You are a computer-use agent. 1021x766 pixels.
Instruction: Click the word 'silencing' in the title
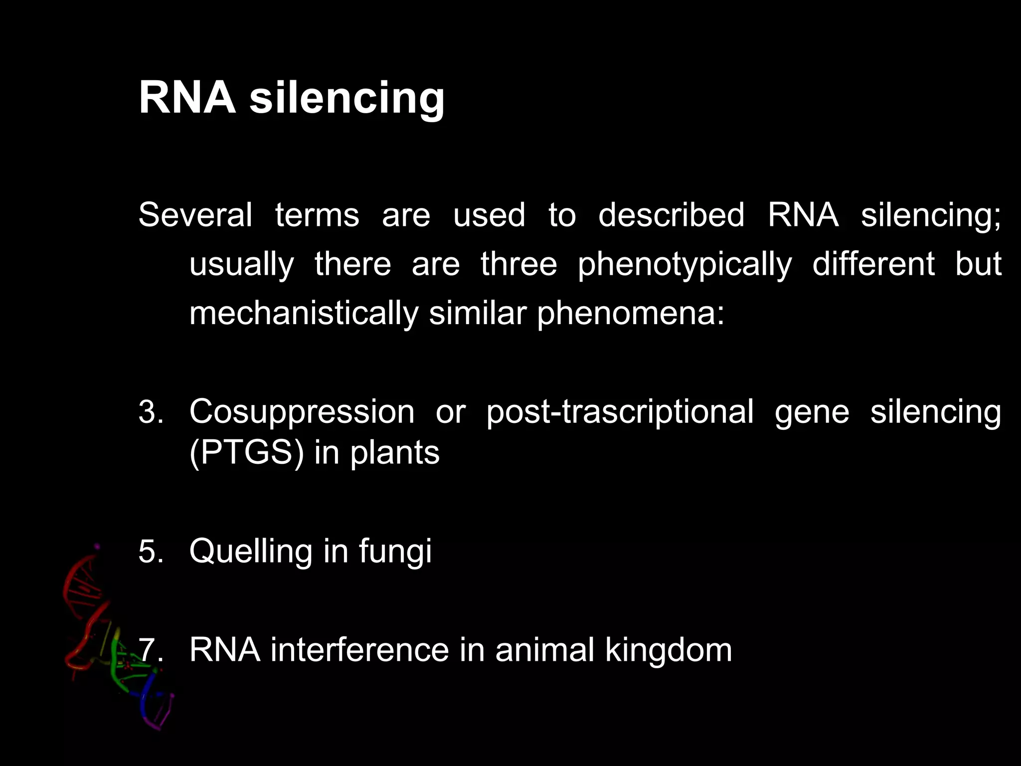[346, 97]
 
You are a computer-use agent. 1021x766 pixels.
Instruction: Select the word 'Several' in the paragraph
[195, 215]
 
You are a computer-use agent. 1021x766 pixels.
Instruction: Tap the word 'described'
[671, 215]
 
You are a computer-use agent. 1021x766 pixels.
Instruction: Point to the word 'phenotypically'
[684, 264]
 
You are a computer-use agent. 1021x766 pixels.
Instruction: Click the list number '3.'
[151, 412]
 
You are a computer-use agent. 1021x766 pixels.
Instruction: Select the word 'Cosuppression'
[302, 412]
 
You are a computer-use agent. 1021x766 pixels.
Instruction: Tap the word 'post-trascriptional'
[620, 412]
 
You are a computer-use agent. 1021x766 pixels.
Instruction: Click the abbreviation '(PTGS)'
[246, 453]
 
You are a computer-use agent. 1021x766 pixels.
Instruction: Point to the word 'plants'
[395, 453]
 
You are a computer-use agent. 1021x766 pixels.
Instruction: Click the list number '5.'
[151, 552]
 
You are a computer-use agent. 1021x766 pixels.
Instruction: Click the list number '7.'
[151, 650]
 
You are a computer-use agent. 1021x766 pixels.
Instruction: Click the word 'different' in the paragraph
[873, 264]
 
